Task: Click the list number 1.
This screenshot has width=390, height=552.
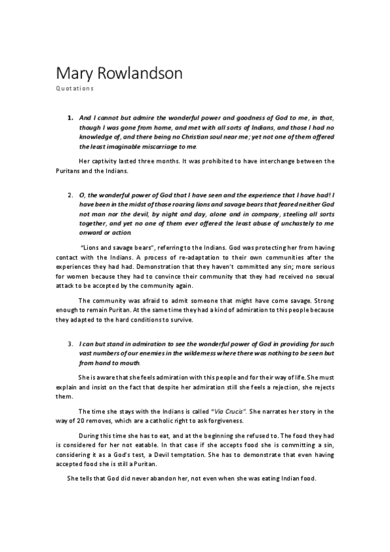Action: click(70, 118)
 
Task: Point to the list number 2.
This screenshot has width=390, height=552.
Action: click(70, 194)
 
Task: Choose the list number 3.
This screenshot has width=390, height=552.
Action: click(70, 342)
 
